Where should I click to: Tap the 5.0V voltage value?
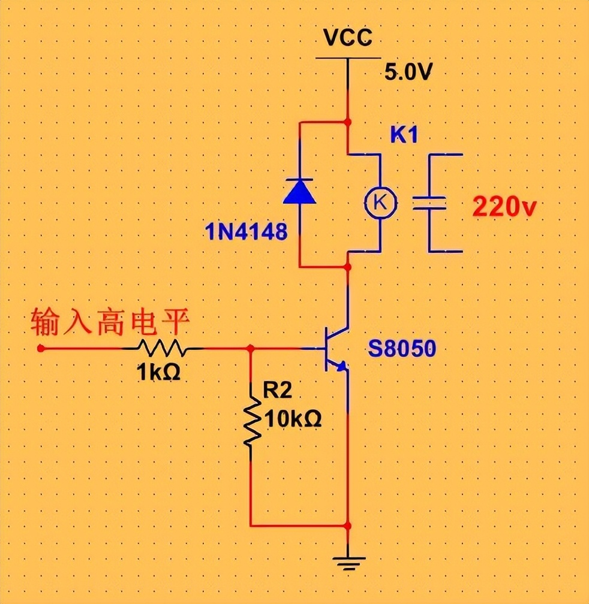pos(408,73)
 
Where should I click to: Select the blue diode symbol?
pos(299,191)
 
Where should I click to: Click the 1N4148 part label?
pos(246,231)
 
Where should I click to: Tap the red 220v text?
pos(504,207)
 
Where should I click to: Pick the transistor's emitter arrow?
pos(341,367)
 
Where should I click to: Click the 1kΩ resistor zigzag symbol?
pos(161,348)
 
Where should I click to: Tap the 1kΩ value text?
pos(158,373)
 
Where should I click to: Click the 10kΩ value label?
pos(292,418)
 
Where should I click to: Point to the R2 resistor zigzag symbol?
pos(251,422)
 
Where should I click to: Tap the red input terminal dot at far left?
pos(40,348)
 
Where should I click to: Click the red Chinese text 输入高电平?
pos(110,323)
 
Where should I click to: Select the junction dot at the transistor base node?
pos(251,348)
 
